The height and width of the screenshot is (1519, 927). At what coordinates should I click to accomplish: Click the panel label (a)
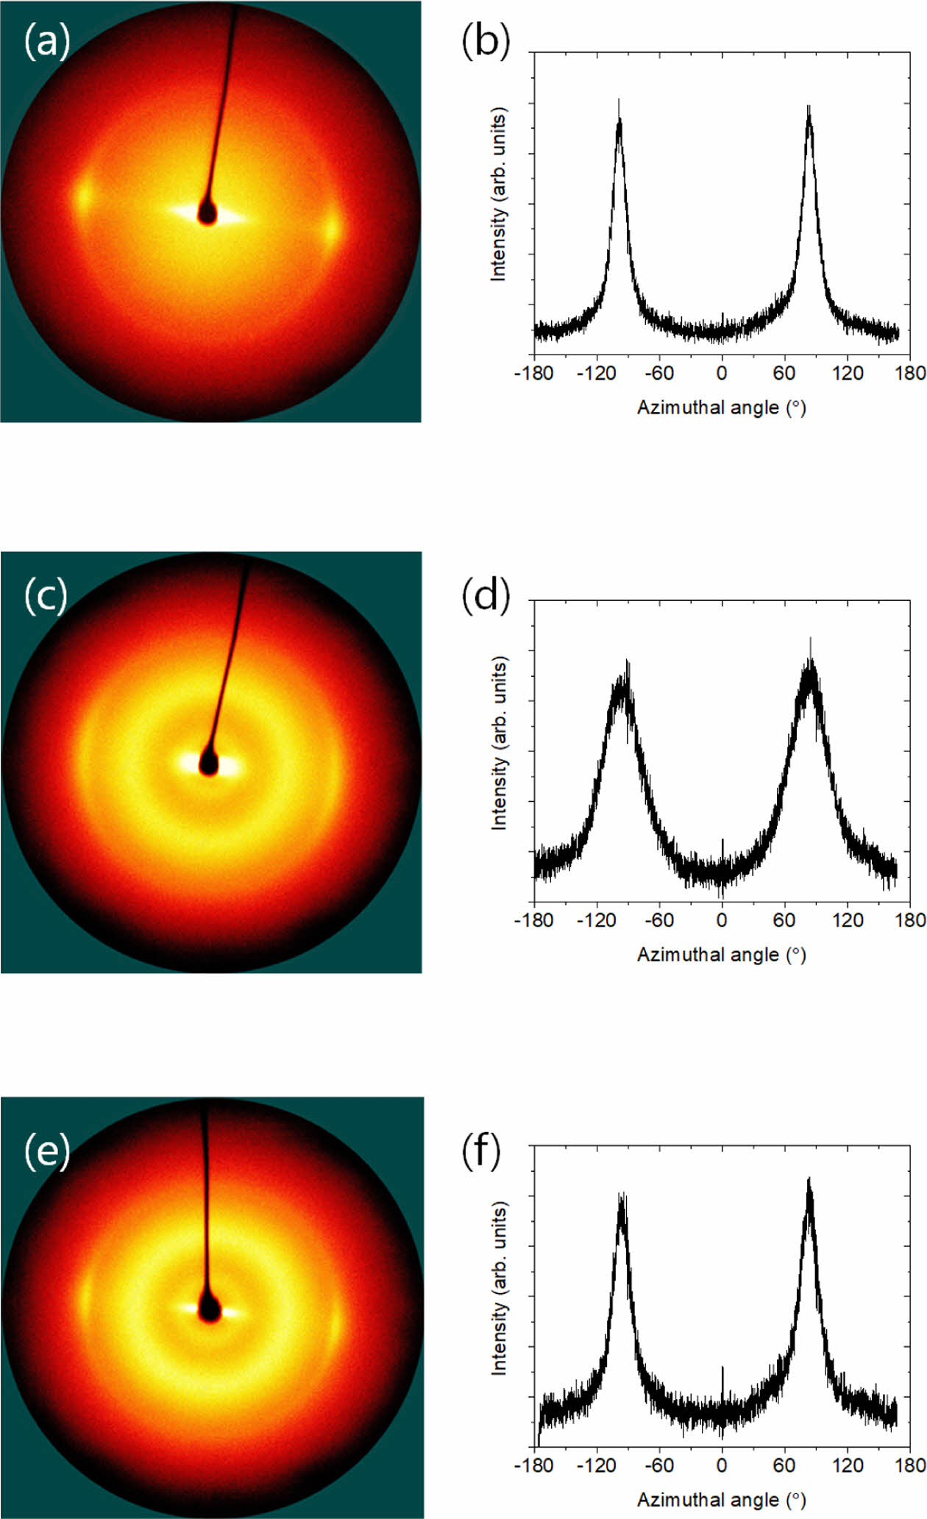click(x=47, y=40)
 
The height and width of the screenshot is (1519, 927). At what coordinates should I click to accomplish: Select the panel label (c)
click(x=46, y=595)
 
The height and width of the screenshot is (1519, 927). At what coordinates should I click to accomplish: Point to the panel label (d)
click(x=486, y=595)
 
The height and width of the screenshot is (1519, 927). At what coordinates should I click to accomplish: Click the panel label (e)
click(x=47, y=1151)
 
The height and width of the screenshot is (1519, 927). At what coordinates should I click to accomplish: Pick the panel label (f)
click(x=481, y=1151)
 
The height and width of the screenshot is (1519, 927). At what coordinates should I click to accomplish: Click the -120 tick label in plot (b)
click(x=596, y=374)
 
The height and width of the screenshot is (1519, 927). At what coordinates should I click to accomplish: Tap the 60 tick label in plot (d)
click(x=784, y=920)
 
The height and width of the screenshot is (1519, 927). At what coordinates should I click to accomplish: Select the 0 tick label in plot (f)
click(x=721, y=1465)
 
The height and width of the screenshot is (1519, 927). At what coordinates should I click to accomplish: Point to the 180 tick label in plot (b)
click(x=910, y=374)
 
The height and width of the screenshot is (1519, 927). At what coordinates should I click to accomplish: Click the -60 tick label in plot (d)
click(x=658, y=920)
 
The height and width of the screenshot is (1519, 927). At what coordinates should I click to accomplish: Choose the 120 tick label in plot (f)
click(x=848, y=1465)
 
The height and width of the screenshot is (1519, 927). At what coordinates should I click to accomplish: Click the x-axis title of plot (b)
click(x=721, y=408)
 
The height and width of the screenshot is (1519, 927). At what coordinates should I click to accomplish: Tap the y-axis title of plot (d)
click(x=500, y=744)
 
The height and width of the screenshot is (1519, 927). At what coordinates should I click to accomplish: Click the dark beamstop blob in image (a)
click(x=207, y=214)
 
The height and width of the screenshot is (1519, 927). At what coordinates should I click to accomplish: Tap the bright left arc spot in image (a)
click(x=82, y=195)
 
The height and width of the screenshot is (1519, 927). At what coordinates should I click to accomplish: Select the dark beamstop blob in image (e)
click(x=210, y=1310)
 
